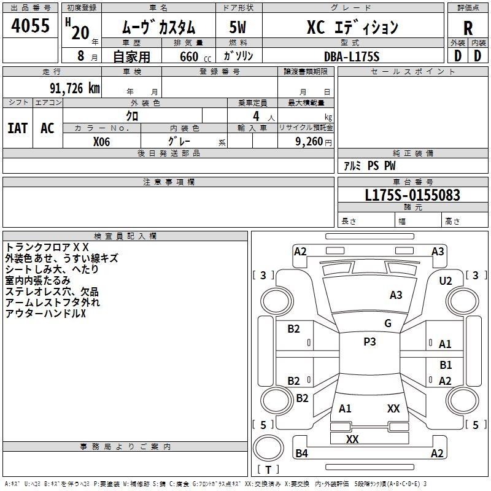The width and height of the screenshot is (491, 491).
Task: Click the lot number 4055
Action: (x=31, y=26)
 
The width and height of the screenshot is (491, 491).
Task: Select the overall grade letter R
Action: (x=468, y=28)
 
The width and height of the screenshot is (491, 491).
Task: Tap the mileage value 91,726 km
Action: (x=74, y=88)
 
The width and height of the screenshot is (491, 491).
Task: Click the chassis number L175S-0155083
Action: (x=412, y=195)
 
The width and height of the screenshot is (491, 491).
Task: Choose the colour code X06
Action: (x=102, y=141)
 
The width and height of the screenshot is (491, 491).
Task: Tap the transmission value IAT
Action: (x=17, y=128)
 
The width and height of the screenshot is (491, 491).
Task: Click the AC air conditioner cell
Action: (x=47, y=128)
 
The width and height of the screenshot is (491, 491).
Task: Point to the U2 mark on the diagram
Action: (x=446, y=280)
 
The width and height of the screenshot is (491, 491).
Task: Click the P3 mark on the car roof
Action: (x=369, y=342)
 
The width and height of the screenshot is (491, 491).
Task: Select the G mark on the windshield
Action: (x=388, y=323)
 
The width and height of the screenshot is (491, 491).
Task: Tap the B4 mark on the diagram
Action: (x=301, y=454)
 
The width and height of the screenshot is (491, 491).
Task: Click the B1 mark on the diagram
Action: (x=446, y=365)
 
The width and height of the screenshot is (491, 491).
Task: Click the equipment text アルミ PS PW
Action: (x=369, y=166)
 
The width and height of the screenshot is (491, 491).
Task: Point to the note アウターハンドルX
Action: (x=45, y=314)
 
